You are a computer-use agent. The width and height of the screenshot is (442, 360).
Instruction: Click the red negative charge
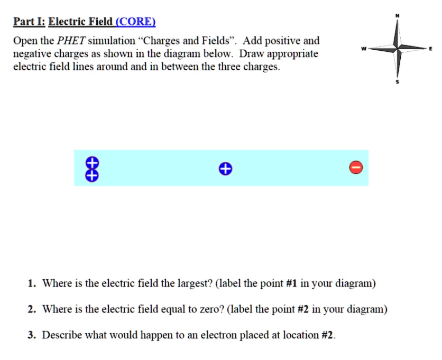point(356,168)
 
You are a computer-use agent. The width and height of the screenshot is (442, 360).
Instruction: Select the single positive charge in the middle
point(225,169)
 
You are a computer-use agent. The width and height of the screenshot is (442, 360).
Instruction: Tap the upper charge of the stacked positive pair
point(91,162)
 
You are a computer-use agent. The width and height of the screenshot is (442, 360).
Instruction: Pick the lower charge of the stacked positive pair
point(91,175)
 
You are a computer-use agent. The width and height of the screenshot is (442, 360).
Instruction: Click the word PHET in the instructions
point(71,41)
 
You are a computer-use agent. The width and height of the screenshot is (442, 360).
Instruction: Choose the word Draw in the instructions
point(251,54)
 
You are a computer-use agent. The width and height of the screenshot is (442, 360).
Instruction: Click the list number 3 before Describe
point(32,335)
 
